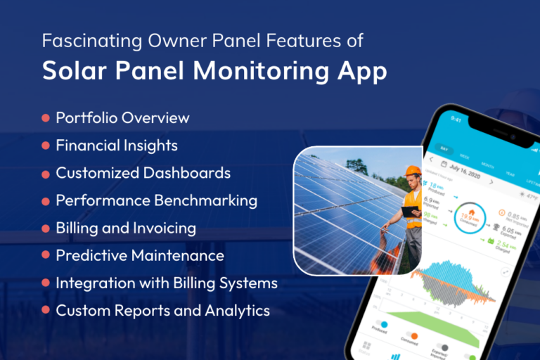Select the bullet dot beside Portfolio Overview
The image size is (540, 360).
[x=46, y=118]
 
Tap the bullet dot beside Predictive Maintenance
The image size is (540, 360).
[x=46, y=256]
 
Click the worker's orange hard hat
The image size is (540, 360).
[x=413, y=172]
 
